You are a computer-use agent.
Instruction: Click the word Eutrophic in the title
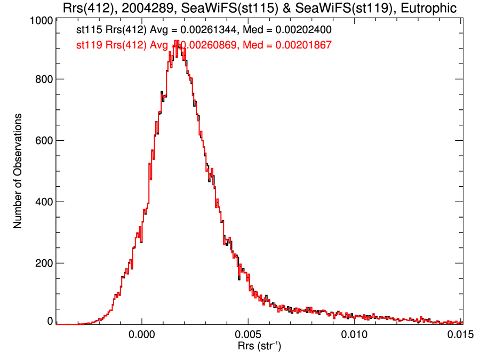pyautogui.click(x=429, y=9)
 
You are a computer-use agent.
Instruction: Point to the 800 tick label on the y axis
pyautogui.click(x=42, y=79)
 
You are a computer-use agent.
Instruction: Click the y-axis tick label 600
pyautogui.click(x=42, y=141)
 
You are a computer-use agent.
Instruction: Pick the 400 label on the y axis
pyautogui.click(x=42, y=202)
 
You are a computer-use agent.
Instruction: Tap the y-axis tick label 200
pyautogui.click(x=42, y=263)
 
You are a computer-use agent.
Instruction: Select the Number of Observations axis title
pyautogui.click(x=18, y=171)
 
